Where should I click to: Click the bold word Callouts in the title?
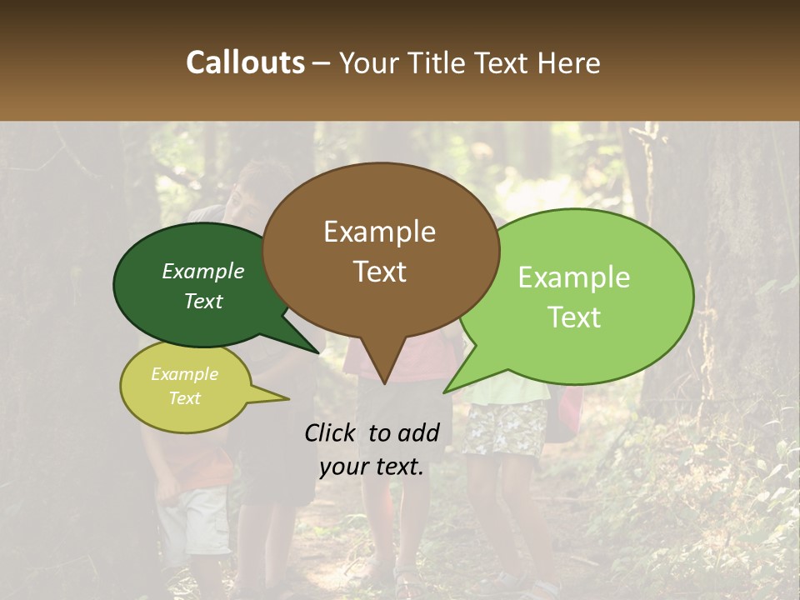(x=245, y=62)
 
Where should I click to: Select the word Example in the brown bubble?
(x=379, y=232)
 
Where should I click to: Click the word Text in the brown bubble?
(x=379, y=272)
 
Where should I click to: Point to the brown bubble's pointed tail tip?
(x=384, y=383)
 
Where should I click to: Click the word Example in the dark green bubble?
(x=203, y=272)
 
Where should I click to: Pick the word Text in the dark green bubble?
(x=203, y=302)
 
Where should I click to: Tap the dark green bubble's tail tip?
(x=318, y=352)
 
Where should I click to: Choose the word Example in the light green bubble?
(x=574, y=277)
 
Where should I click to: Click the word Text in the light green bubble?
(x=574, y=317)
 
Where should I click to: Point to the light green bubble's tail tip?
(x=444, y=392)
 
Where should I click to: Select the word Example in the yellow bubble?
(x=185, y=374)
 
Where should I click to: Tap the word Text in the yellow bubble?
(x=185, y=398)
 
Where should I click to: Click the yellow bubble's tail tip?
(x=288, y=399)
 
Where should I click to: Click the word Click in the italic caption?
(x=332, y=432)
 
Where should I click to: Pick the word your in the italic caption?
(x=344, y=467)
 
